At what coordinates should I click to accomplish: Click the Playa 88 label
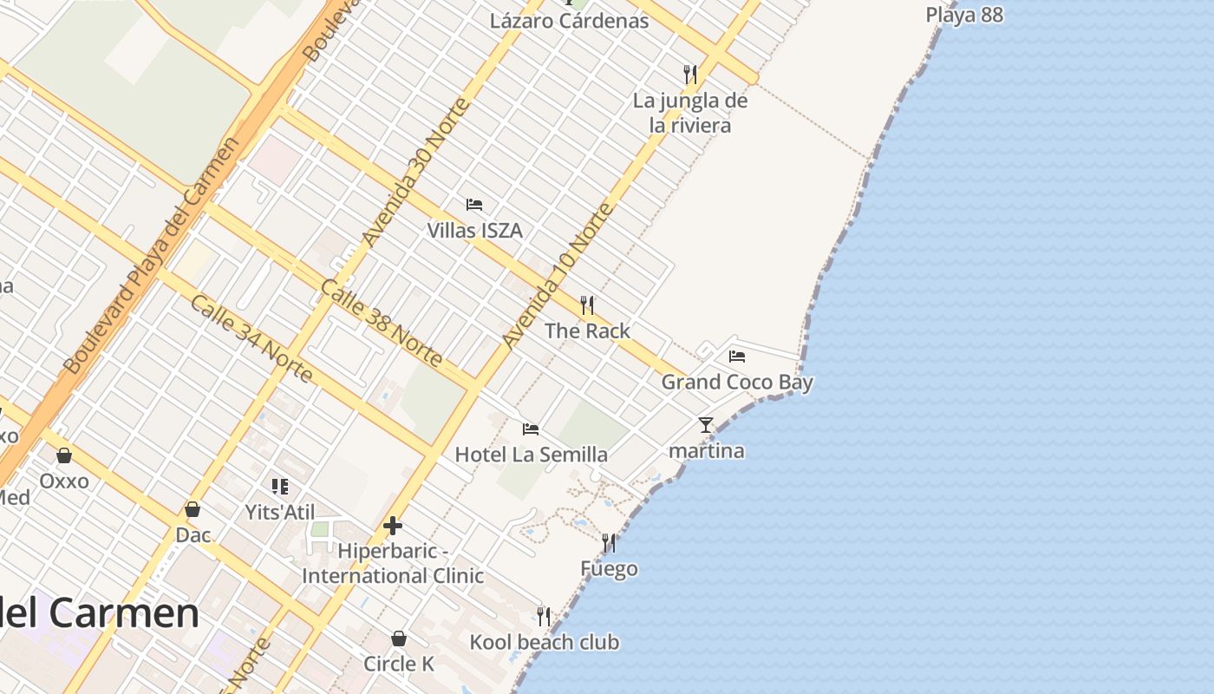point(964,15)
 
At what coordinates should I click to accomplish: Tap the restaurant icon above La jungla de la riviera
point(690,74)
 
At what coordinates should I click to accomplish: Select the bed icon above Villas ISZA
point(474,205)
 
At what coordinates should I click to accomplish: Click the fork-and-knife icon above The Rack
point(587,304)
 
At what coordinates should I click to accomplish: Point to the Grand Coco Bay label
point(737,382)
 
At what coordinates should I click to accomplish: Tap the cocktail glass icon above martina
point(706,425)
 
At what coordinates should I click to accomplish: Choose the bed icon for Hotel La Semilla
point(531,429)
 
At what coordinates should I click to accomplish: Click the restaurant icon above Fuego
point(609,543)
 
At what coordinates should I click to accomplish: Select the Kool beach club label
point(545,642)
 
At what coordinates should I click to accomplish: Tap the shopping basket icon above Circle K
point(399,638)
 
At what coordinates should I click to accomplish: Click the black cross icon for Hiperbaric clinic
point(392,526)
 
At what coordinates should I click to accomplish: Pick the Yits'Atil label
point(280,512)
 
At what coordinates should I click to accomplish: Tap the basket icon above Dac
point(193,509)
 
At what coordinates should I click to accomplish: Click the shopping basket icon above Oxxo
point(64,455)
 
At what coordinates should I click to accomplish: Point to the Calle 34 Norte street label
point(251,338)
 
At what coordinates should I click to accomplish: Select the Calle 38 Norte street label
point(382,323)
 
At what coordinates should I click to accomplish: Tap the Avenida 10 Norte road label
point(558,275)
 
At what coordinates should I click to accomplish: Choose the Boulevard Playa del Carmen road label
point(152,256)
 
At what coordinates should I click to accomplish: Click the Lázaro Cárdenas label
point(569,21)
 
